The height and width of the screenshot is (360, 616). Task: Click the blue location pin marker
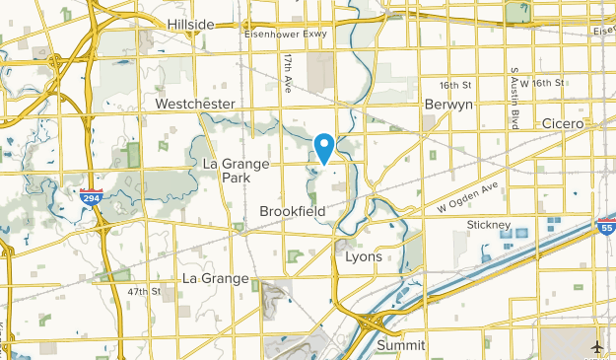(x=323, y=148)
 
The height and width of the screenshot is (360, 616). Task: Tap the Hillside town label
(x=190, y=24)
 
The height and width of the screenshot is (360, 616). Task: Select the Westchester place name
(x=195, y=104)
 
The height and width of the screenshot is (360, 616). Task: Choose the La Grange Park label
(x=226, y=170)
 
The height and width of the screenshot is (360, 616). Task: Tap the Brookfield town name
(x=293, y=211)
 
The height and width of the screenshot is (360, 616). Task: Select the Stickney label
(x=487, y=226)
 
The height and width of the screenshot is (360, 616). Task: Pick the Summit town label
(x=400, y=345)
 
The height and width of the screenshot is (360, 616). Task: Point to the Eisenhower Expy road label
(x=285, y=34)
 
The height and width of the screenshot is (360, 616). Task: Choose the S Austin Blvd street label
(x=513, y=94)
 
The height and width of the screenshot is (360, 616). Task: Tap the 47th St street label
(x=143, y=292)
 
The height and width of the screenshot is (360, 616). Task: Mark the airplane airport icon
(x=597, y=346)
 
